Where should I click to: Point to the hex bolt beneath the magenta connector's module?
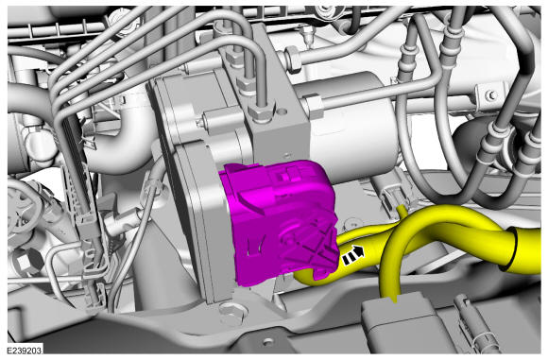(x=231, y=312)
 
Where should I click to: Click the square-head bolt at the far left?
(x=26, y=261)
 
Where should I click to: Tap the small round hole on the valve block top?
(x=283, y=112)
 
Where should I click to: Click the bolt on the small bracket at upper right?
(x=492, y=95)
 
